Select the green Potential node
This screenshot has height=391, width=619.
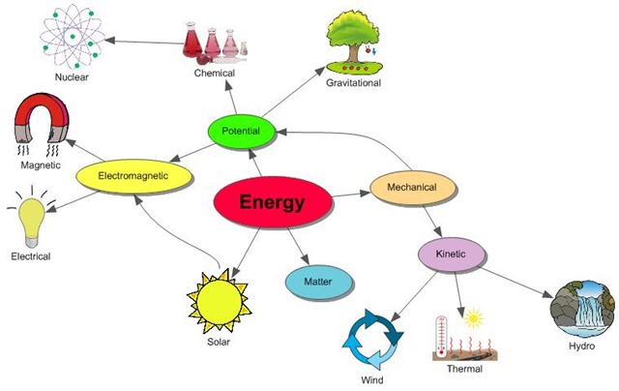(x=240, y=131)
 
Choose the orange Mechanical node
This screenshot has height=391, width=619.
(x=411, y=187)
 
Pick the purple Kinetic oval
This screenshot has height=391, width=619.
(x=451, y=254)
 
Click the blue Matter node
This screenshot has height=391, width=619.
(x=319, y=283)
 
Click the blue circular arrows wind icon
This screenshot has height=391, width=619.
(x=373, y=339)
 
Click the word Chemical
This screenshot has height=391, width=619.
(x=214, y=73)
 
